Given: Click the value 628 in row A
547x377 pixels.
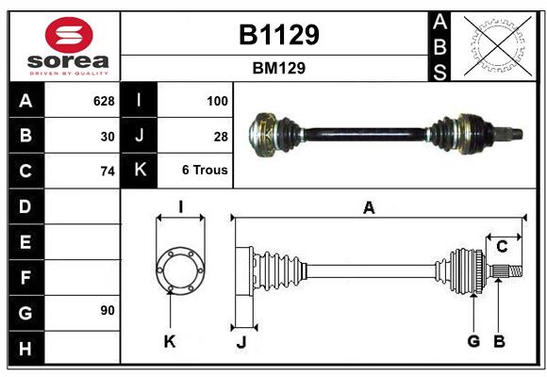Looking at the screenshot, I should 103,100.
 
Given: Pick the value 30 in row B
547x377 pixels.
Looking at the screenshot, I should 107,136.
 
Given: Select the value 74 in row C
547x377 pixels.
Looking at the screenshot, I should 107,171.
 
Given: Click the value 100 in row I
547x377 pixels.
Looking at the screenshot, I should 217,100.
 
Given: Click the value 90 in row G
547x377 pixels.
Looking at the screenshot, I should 107,309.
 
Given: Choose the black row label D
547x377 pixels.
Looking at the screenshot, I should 25,205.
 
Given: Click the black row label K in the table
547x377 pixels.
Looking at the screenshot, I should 140,171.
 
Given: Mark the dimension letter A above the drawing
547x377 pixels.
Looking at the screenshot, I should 369,208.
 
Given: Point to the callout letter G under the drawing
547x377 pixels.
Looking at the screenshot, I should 473,341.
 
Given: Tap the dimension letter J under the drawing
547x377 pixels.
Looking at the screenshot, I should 240,342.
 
